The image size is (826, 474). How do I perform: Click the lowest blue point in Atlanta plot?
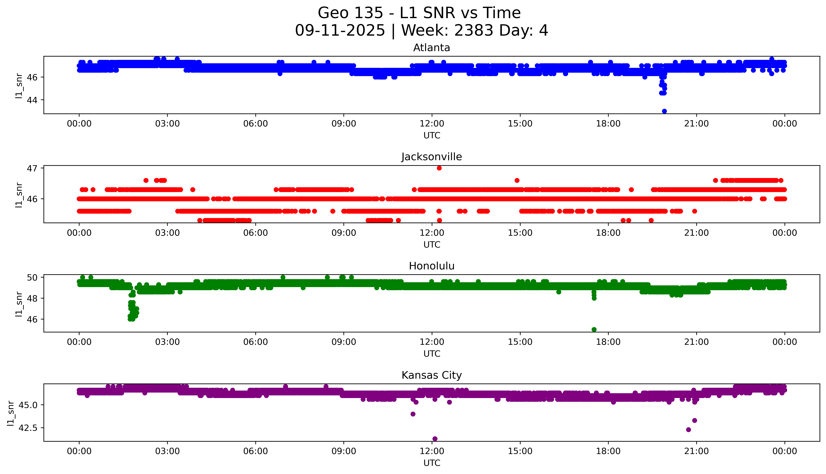664,111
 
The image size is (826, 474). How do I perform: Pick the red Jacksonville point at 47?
439,168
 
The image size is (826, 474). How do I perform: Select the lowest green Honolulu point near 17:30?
594,329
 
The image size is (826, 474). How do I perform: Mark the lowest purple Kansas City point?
435,439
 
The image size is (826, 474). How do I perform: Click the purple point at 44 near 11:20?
413,414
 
